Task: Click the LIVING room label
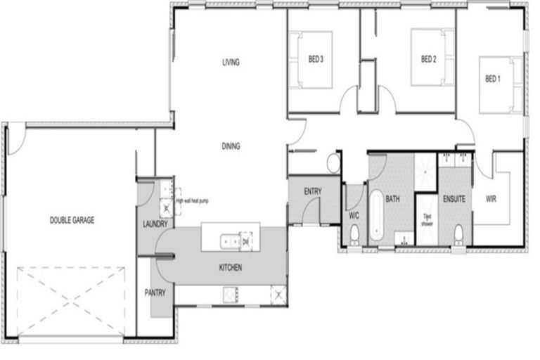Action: point(231,63)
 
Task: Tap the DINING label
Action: point(231,146)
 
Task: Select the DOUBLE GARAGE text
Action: point(72,220)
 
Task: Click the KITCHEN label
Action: point(230,268)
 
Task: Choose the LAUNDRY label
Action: point(154,224)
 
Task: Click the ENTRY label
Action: point(313,192)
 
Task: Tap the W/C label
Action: point(354,215)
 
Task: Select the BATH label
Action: point(392,199)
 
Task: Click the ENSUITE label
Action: point(454,199)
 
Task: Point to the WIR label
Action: point(491,199)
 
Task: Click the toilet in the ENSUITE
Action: point(458,232)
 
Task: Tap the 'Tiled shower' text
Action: point(427,219)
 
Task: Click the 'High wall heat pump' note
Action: point(192,201)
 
